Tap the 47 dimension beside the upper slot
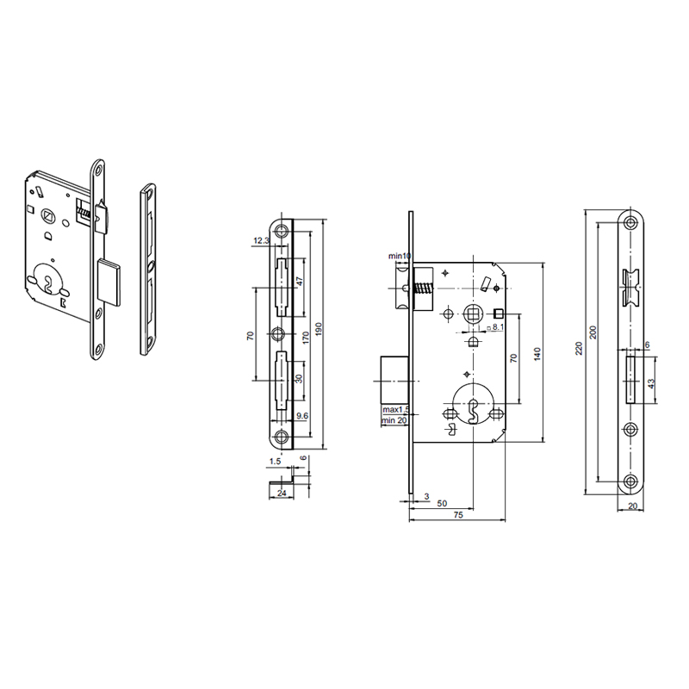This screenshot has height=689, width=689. [x=299, y=282]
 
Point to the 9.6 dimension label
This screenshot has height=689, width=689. [x=301, y=415]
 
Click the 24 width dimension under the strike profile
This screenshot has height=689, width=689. [x=282, y=493]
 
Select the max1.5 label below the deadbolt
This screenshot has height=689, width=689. [x=397, y=410]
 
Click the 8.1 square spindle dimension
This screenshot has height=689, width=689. [x=497, y=328]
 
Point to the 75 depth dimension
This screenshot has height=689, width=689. [x=458, y=516]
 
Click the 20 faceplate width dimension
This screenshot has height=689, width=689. [x=633, y=507]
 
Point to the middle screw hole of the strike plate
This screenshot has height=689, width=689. [x=279, y=333]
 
